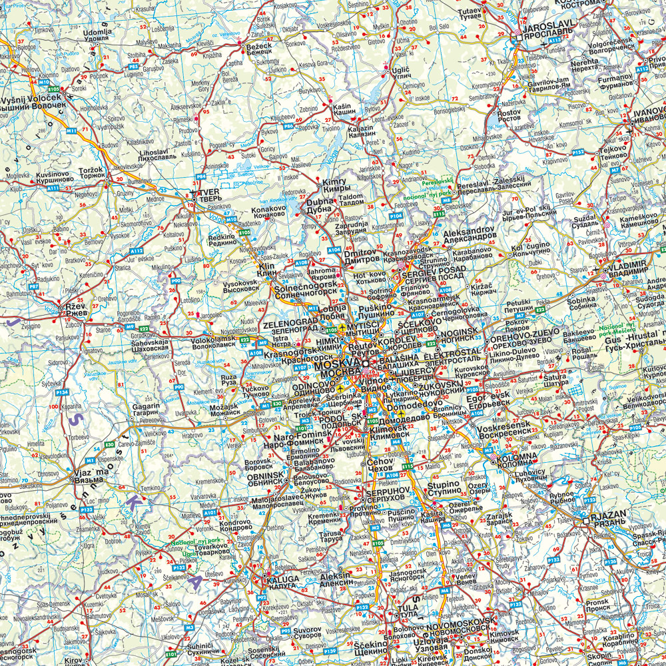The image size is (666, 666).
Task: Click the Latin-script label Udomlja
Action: pos(97,31)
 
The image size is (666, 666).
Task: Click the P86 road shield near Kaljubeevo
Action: pos(288,125)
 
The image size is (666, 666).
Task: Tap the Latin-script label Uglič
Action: pos(401,69)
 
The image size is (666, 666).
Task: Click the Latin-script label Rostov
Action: pos(509,113)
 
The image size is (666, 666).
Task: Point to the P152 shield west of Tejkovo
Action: pos(578,153)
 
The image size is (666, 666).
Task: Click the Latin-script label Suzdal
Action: pos(585,217)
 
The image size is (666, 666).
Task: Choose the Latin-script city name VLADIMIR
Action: pos(623,264)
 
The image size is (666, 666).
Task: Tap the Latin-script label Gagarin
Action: pos(146,406)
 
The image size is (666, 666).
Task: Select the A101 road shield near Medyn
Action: pos(210,513)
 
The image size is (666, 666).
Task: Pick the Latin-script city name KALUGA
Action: pos(283,579)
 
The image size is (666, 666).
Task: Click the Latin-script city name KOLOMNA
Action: pos(517,455)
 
